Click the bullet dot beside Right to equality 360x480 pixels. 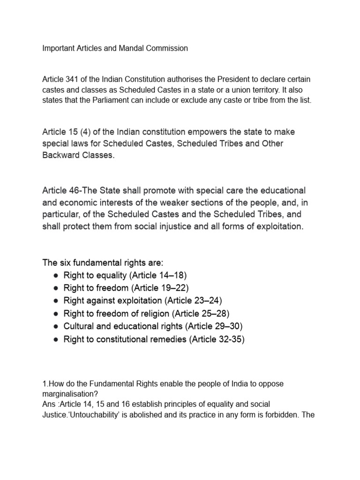pos(55,275)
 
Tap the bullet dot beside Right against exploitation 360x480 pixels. pos(55,300)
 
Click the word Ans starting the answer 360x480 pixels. pos(49,404)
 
